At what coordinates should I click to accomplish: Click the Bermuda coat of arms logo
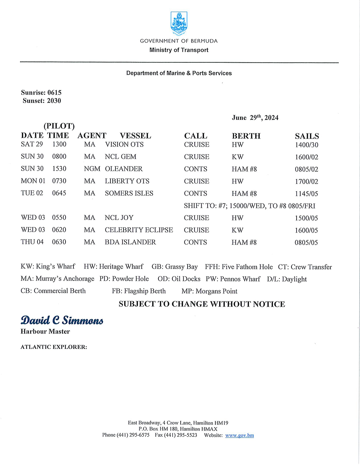[179, 23]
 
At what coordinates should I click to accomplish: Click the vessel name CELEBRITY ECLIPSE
[139, 230]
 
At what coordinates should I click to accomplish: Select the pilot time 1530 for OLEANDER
[59, 169]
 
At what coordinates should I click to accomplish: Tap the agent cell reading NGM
[92, 169]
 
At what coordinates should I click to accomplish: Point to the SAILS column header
[307, 136]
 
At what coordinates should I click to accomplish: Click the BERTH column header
[246, 136]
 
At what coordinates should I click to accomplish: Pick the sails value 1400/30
[306, 145]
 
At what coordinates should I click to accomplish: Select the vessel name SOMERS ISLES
[129, 193]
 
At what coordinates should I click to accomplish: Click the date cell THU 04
[32, 242]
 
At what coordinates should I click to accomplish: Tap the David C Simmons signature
[62, 320]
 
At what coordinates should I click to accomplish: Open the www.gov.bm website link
[239, 435]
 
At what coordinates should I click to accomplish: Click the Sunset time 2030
[54, 101]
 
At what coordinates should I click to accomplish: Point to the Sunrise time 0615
[54, 93]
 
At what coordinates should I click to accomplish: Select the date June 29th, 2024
[255, 118]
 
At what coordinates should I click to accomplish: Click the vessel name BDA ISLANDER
[130, 242]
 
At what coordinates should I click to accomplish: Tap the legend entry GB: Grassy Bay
[175, 267]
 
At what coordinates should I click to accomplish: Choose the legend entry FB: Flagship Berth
[139, 291]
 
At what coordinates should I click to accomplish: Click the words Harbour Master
[45, 331]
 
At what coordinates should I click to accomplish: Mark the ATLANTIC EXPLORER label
[54, 347]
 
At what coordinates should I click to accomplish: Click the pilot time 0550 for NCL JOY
[59, 218]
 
